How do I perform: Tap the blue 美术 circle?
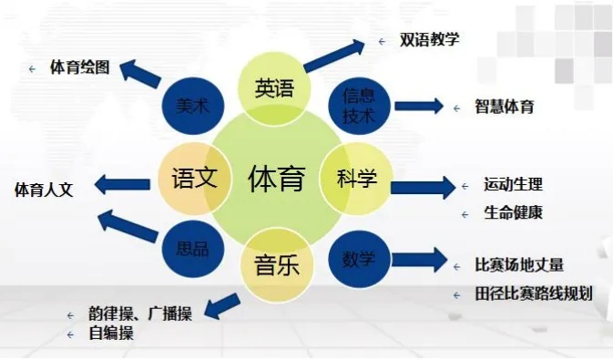pos(192,106)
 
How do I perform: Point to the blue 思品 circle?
pos(191,245)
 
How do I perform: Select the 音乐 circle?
pos(276,266)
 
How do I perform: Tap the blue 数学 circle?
pos(357,258)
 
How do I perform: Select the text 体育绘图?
pos(80,67)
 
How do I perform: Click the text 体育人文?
pos(43,190)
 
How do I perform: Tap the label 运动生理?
pos(513,184)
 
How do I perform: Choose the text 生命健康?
pos(513,214)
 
